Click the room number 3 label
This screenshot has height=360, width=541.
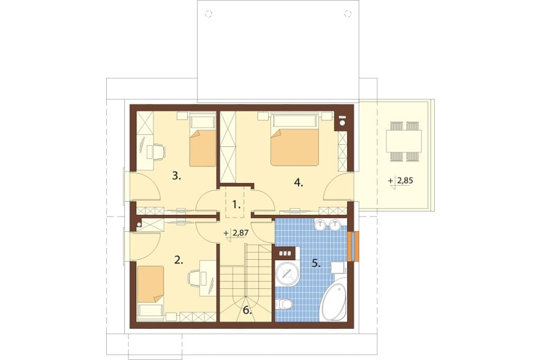click(x=176, y=176)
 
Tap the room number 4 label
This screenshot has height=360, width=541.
click(x=299, y=183)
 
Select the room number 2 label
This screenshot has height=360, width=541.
click(x=178, y=260)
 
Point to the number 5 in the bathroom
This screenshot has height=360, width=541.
click(x=316, y=263)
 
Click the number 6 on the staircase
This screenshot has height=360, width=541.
click(x=247, y=310)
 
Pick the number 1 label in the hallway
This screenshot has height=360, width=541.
click(x=236, y=205)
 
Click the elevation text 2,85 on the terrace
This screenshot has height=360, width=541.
click(x=405, y=181)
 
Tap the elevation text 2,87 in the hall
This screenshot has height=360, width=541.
click(x=241, y=233)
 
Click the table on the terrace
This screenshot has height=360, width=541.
click(x=404, y=141)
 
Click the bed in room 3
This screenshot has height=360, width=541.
click(x=202, y=141)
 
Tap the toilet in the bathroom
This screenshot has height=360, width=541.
click(x=284, y=304)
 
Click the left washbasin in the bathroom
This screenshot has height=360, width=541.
click(x=321, y=225)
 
